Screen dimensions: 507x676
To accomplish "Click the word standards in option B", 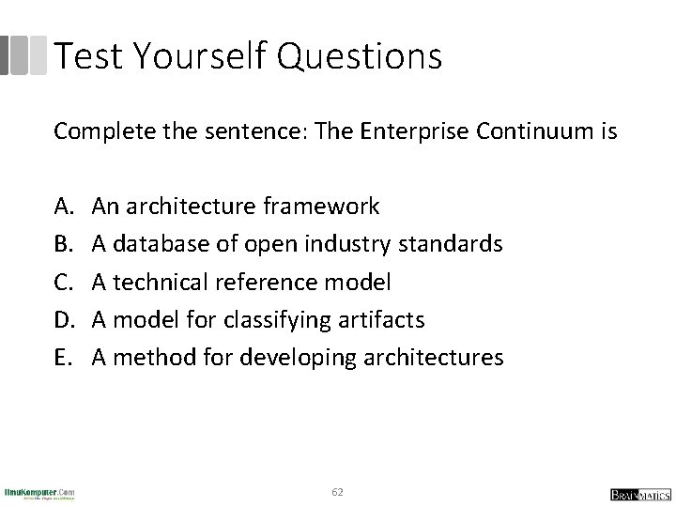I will (451, 244).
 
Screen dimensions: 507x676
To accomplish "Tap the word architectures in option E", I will (428, 358).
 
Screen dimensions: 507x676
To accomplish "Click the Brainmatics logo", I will (638, 494).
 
